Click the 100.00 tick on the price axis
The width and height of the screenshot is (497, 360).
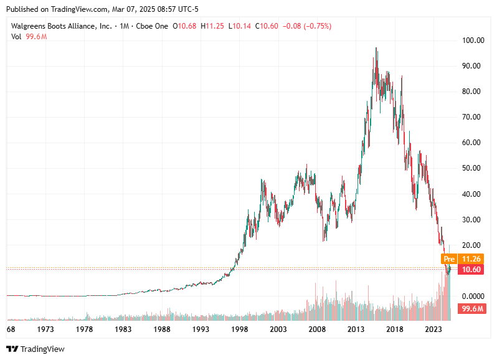point(472,40)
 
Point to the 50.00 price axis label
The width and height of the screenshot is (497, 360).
point(472,168)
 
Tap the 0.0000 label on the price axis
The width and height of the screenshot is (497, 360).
point(472,296)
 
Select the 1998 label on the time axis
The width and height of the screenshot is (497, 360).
point(240,329)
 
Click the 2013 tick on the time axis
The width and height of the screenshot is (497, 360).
point(356,329)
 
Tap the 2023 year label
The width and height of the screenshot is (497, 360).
point(433,329)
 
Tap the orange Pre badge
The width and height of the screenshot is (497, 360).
point(449,258)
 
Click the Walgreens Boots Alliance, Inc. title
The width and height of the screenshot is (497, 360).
point(61,26)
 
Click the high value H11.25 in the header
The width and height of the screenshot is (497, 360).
point(215,26)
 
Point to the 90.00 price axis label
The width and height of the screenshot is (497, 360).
point(472,66)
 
